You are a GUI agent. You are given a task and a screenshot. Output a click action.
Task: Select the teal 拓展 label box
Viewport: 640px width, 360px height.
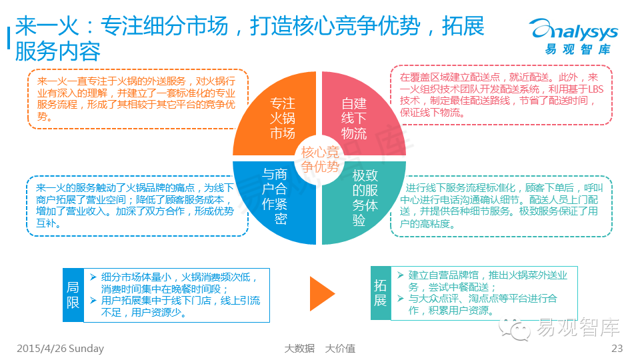(380, 293)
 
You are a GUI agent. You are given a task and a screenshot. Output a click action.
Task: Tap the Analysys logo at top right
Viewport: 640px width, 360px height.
(573, 37)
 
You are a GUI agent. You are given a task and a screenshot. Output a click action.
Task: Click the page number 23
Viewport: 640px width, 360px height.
(617, 348)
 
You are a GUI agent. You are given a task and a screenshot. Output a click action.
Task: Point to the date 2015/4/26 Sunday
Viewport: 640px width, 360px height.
(60, 348)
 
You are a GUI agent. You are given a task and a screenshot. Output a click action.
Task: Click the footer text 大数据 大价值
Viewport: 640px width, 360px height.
(319, 348)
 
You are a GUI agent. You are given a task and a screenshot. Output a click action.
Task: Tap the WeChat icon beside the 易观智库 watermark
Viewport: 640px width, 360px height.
(515, 326)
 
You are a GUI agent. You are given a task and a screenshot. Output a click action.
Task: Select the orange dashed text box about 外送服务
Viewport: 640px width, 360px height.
(137, 98)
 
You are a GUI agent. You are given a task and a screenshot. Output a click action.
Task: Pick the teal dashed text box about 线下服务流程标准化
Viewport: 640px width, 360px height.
(501, 206)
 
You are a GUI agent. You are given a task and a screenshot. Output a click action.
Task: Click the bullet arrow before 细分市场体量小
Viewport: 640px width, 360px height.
(93, 277)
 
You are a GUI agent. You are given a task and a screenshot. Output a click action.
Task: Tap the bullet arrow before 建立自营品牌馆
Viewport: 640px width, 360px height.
(400, 275)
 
